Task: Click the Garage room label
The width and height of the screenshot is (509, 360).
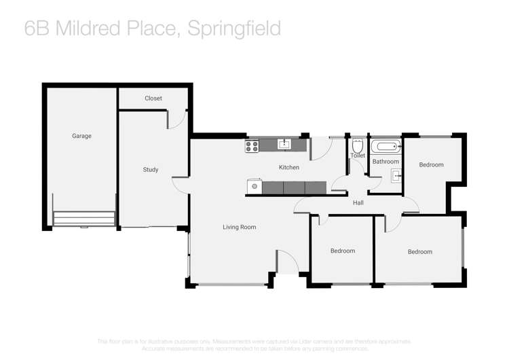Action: (x=81, y=136)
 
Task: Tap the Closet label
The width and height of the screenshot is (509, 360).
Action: (x=153, y=98)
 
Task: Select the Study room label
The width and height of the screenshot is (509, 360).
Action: (x=150, y=169)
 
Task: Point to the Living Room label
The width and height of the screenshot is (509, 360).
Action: (x=239, y=227)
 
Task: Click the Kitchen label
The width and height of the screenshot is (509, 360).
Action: (x=288, y=167)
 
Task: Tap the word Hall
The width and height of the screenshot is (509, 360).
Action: (x=358, y=202)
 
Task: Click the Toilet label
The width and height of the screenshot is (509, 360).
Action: (x=358, y=156)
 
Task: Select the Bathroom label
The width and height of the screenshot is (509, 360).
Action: (x=385, y=162)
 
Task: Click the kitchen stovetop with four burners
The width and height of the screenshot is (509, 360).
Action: (x=252, y=145)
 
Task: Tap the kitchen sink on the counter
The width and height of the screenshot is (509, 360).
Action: (x=284, y=144)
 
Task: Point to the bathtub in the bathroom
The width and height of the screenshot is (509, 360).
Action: (x=386, y=146)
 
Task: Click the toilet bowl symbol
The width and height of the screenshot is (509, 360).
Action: (x=358, y=145)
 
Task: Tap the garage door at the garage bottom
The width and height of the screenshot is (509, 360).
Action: (x=84, y=218)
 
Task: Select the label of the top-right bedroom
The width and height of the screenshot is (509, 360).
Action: (x=431, y=164)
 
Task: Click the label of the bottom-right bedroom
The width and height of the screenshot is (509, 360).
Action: (x=419, y=252)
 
